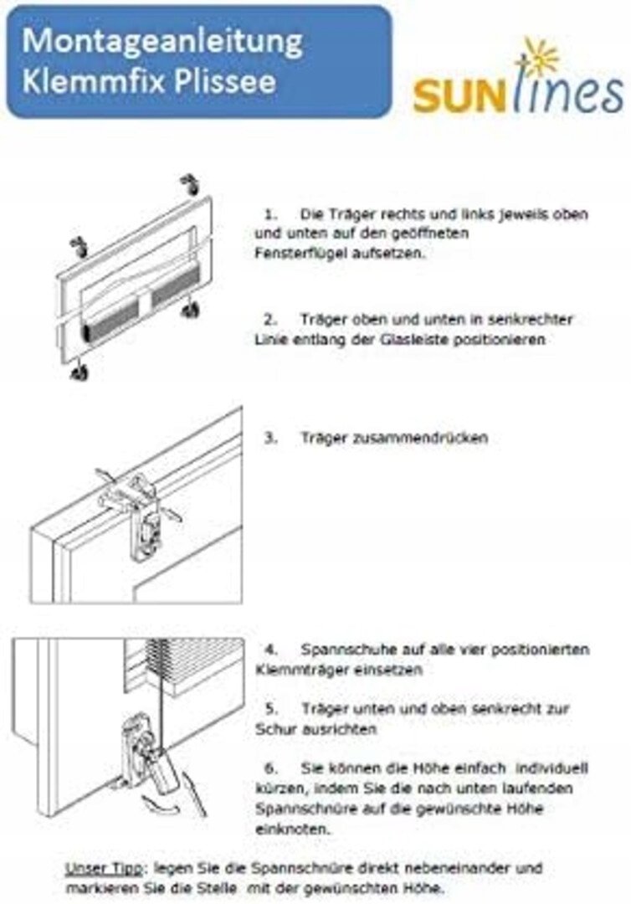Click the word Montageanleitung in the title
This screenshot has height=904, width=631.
tap(162, 42)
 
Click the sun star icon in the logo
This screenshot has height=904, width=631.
tap(538, 57)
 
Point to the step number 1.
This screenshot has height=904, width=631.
tap(269, 214)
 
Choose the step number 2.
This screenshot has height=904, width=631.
tap(269, 320)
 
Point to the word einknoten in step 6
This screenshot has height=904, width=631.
tap(293, 830)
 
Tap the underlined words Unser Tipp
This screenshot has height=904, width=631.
tap(103, 869)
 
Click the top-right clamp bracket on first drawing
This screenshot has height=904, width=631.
tap(190, 184)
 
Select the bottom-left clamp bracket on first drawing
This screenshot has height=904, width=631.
tap(80, 372)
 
